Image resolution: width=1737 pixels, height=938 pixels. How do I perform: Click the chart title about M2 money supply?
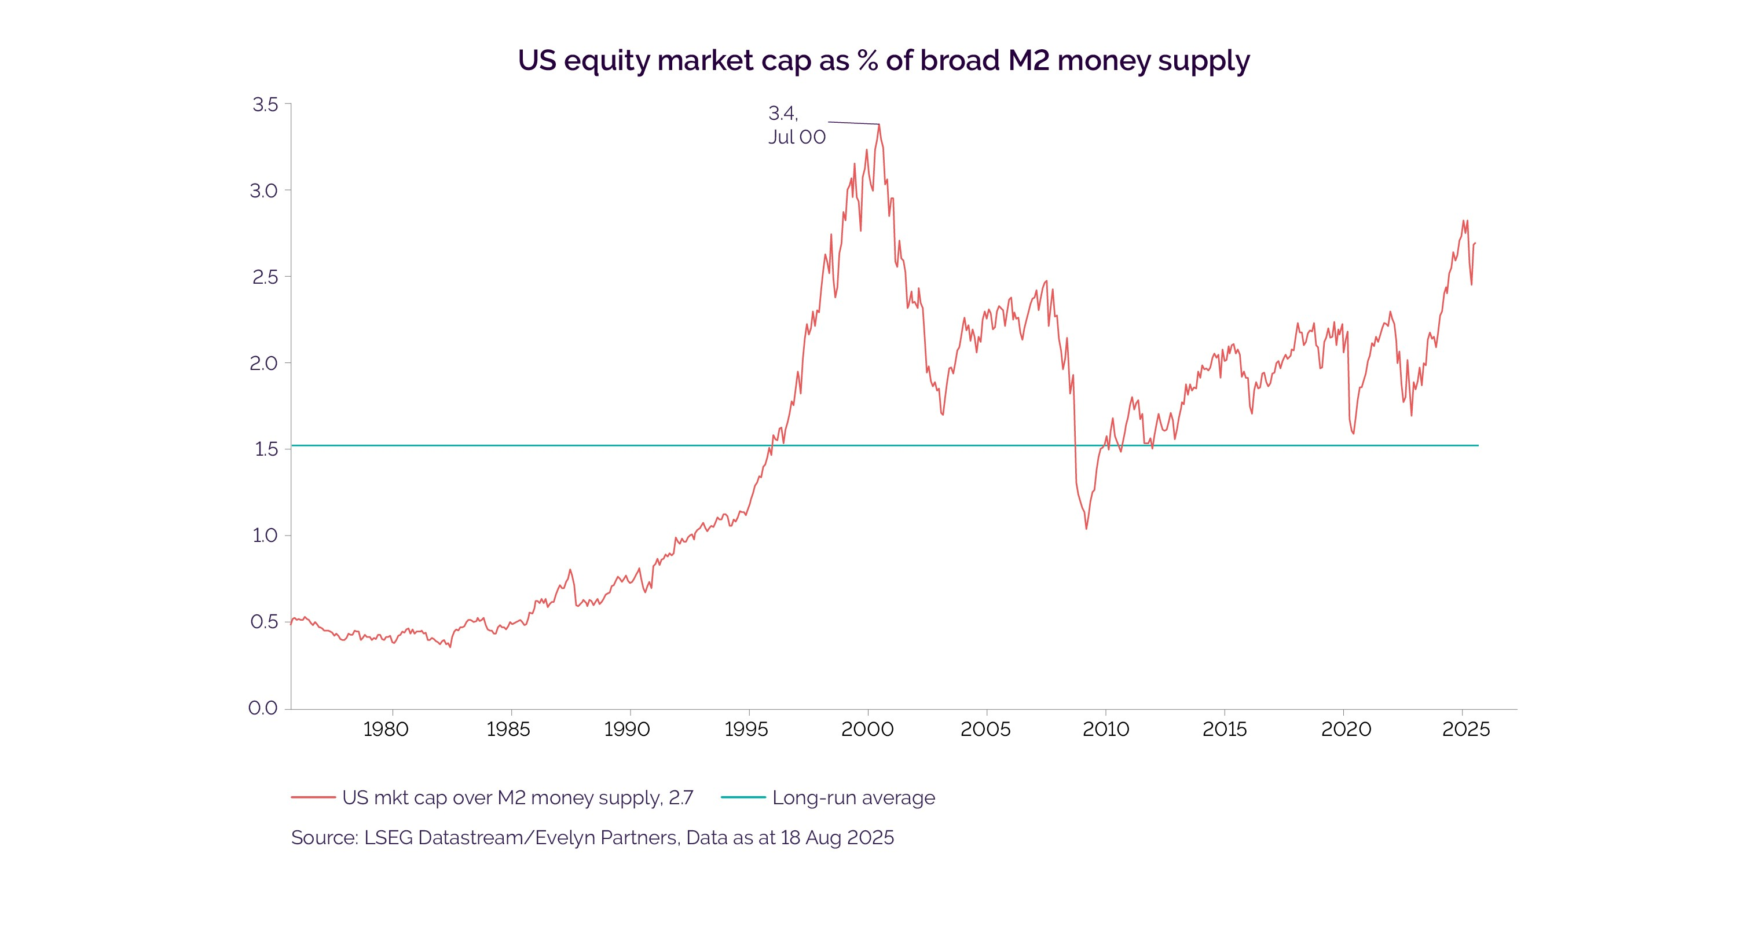[x=884, y=61]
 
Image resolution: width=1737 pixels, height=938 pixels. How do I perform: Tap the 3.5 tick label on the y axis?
[x=265, y=105]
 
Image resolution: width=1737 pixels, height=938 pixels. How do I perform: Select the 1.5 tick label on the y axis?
[x=266, y=449]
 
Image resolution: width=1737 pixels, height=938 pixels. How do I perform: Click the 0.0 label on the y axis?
[x=263, y=708]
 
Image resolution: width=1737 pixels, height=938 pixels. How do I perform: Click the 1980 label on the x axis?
[x=386, y=730]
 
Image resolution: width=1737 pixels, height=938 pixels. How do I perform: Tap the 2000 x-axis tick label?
[x=867, y=730]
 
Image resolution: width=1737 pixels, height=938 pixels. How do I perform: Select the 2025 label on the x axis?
[x=1466, y=730]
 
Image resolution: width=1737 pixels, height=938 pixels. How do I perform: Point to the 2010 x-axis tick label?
[x=1106, y=730]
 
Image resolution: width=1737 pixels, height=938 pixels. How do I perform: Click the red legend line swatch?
[x=314, y=798]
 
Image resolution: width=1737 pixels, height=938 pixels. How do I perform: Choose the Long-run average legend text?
[x=853, y=798]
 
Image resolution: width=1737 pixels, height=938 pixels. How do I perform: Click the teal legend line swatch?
[x=743, y=798]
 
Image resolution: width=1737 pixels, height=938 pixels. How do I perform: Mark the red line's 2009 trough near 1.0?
[x=1086, y=528]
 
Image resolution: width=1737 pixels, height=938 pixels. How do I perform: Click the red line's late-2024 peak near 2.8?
[x=1463, y=221]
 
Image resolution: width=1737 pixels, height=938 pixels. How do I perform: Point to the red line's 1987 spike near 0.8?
[x=570, y=570]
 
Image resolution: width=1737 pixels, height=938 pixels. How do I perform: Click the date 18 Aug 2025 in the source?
[x=837, y=837]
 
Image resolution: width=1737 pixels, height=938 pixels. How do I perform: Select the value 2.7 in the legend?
[x=681, y=798]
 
